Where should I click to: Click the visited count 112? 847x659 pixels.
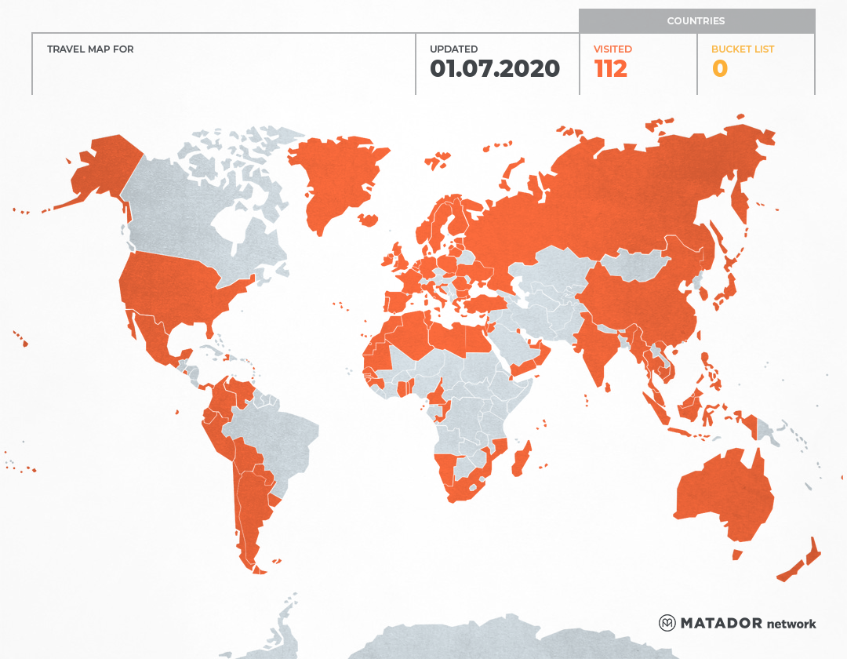pyautogui.click(x=611, y=69)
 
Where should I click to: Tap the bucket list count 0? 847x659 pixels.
pyautogui.click(x=719, y=69)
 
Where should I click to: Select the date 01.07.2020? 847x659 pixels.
pyautogui.click(x=495, y=69)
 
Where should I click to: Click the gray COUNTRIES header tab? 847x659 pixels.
pyautogui.click(x=696, y=21)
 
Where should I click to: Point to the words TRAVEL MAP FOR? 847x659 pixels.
pyautogui.click(x=90, y=49)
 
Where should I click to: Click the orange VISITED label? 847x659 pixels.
pyautogui.click(x=613, y=49)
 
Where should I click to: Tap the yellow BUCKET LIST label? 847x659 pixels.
pyautogui.click(x=742, y=49)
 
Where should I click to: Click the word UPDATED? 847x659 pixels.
pyautogui.click(x=453, y=49)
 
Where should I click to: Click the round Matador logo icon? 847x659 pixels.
pyautogui.click(x=667, y=623)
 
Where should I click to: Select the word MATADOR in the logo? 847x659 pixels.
pyautogui.click(x=721, y=623)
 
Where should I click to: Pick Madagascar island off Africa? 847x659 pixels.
pyautogui.click(x=522, y=459)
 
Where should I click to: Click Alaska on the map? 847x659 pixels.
pyautogui.click(x=102, y=169)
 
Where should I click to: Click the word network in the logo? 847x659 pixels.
pyautogui.click(x=791, y=624)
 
